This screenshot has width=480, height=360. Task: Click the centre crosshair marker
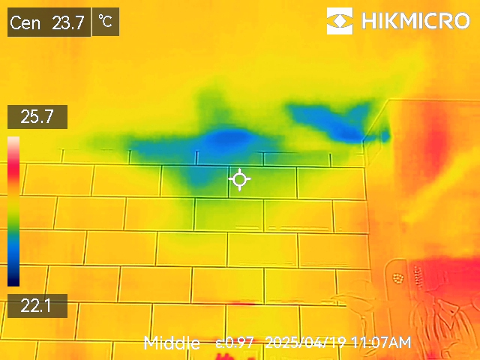tap(239, 179)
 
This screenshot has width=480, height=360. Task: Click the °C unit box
tap(106, 22)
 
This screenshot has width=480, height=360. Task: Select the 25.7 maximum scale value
tap(37, 117)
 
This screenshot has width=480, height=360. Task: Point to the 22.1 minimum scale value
tap(37, 305)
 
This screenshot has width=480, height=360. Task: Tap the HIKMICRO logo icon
tap(340, 21)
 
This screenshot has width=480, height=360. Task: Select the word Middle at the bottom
tap(172, 343)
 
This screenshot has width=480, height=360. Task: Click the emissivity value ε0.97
tap(234, 343)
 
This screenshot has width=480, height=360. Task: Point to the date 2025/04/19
tap(306, 343)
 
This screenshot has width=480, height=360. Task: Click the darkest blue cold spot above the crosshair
tap(229, 139)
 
